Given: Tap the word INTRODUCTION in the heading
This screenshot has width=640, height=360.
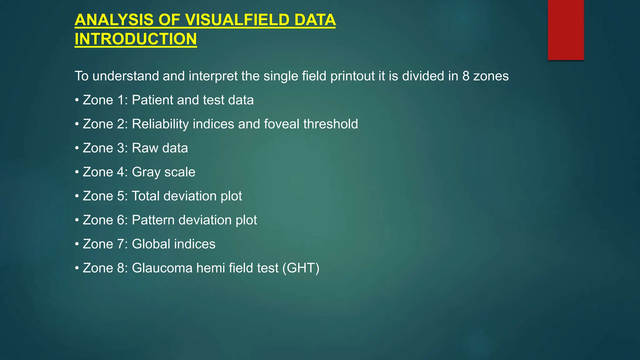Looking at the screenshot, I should click(x=136, y=39).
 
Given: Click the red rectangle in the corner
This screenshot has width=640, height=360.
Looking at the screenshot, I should click(x=566, y=30).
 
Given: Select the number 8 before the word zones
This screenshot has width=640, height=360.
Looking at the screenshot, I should click(x=466, y=76).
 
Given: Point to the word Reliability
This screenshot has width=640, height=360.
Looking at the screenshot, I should click(x=160, y=124).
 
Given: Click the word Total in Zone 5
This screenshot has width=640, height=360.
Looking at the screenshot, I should click(x=146, y=196).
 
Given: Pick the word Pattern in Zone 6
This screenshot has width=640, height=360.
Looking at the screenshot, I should click(x=153, y=220).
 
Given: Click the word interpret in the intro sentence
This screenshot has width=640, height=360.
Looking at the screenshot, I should click(x=213, y=76).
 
